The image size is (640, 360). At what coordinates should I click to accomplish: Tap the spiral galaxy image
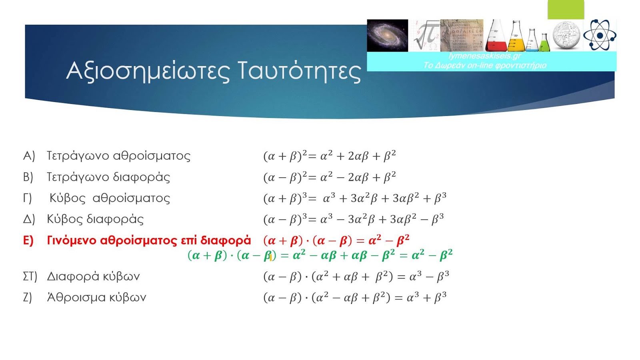[x=388, y=36]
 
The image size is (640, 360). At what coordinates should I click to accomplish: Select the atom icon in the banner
[x=600, y=35]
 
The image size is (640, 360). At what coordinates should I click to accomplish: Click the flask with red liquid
[x=496, y=36]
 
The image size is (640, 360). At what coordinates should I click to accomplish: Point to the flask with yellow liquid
[x=516, y=36]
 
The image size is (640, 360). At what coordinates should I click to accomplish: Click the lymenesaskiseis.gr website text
[x=485, y=56]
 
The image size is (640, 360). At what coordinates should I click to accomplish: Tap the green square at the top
[x=566, y=10]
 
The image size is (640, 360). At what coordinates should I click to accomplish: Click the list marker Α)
[x=29, y=156]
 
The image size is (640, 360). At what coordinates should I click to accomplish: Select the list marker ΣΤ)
[x=30, y=276]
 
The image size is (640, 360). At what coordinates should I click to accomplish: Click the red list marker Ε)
[x=28, y=240]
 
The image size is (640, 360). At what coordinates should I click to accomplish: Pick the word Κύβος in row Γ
[x=68, y=198]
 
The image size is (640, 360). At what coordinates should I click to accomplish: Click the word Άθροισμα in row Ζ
[x=72, y=297]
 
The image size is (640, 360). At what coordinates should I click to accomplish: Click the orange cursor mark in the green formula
[x=270, y=258]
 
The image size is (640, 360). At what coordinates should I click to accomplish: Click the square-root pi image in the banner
[x=424, y=36]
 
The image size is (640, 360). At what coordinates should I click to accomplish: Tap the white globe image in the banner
[x=566, y=36]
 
